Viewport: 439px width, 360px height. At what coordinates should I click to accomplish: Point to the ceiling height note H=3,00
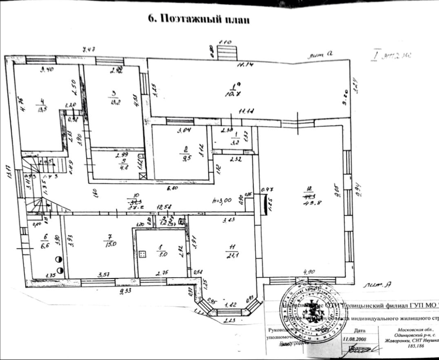(222, 200)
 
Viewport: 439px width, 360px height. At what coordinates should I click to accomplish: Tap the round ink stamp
(313, 311)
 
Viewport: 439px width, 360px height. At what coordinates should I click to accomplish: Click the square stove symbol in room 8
(143, 254)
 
